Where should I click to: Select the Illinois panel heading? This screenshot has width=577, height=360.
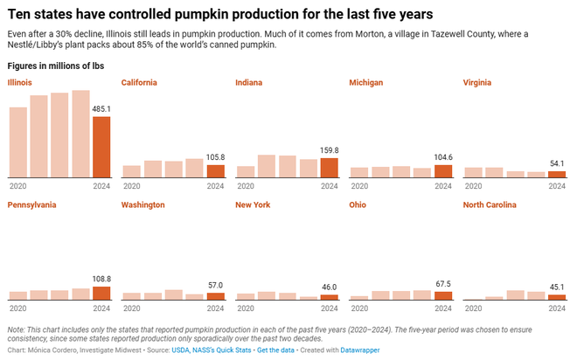pos(21,82)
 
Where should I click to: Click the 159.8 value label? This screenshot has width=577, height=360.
pos(330,150)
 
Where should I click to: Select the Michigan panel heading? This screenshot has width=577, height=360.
pos(365,82)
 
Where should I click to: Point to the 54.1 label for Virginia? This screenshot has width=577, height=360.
pos(556,163)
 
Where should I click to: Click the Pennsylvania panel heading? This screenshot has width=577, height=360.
pos(32,204)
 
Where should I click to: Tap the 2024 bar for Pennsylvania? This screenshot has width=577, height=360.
pos(101,293)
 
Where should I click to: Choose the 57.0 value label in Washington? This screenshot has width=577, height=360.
pos(215,285)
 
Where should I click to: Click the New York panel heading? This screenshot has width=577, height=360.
pos(253,204)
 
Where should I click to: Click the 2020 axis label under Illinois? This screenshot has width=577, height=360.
pos(17,186)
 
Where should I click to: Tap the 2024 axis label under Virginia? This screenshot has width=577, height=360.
pos(557,186)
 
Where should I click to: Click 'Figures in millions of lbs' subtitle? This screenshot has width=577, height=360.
pos(54,66)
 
